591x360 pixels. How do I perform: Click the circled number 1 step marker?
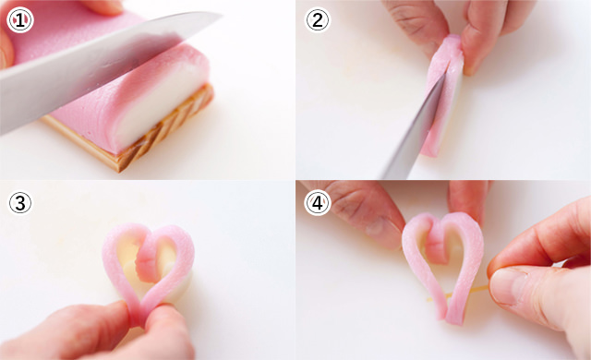pos(20,20)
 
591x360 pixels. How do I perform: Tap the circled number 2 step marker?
pos(318,20)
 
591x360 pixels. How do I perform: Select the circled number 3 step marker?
pos(20,203)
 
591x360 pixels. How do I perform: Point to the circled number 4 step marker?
pos(318,202)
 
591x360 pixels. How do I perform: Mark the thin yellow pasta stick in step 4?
pos(457,294)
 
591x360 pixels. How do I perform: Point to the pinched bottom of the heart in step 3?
pos(140,315)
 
